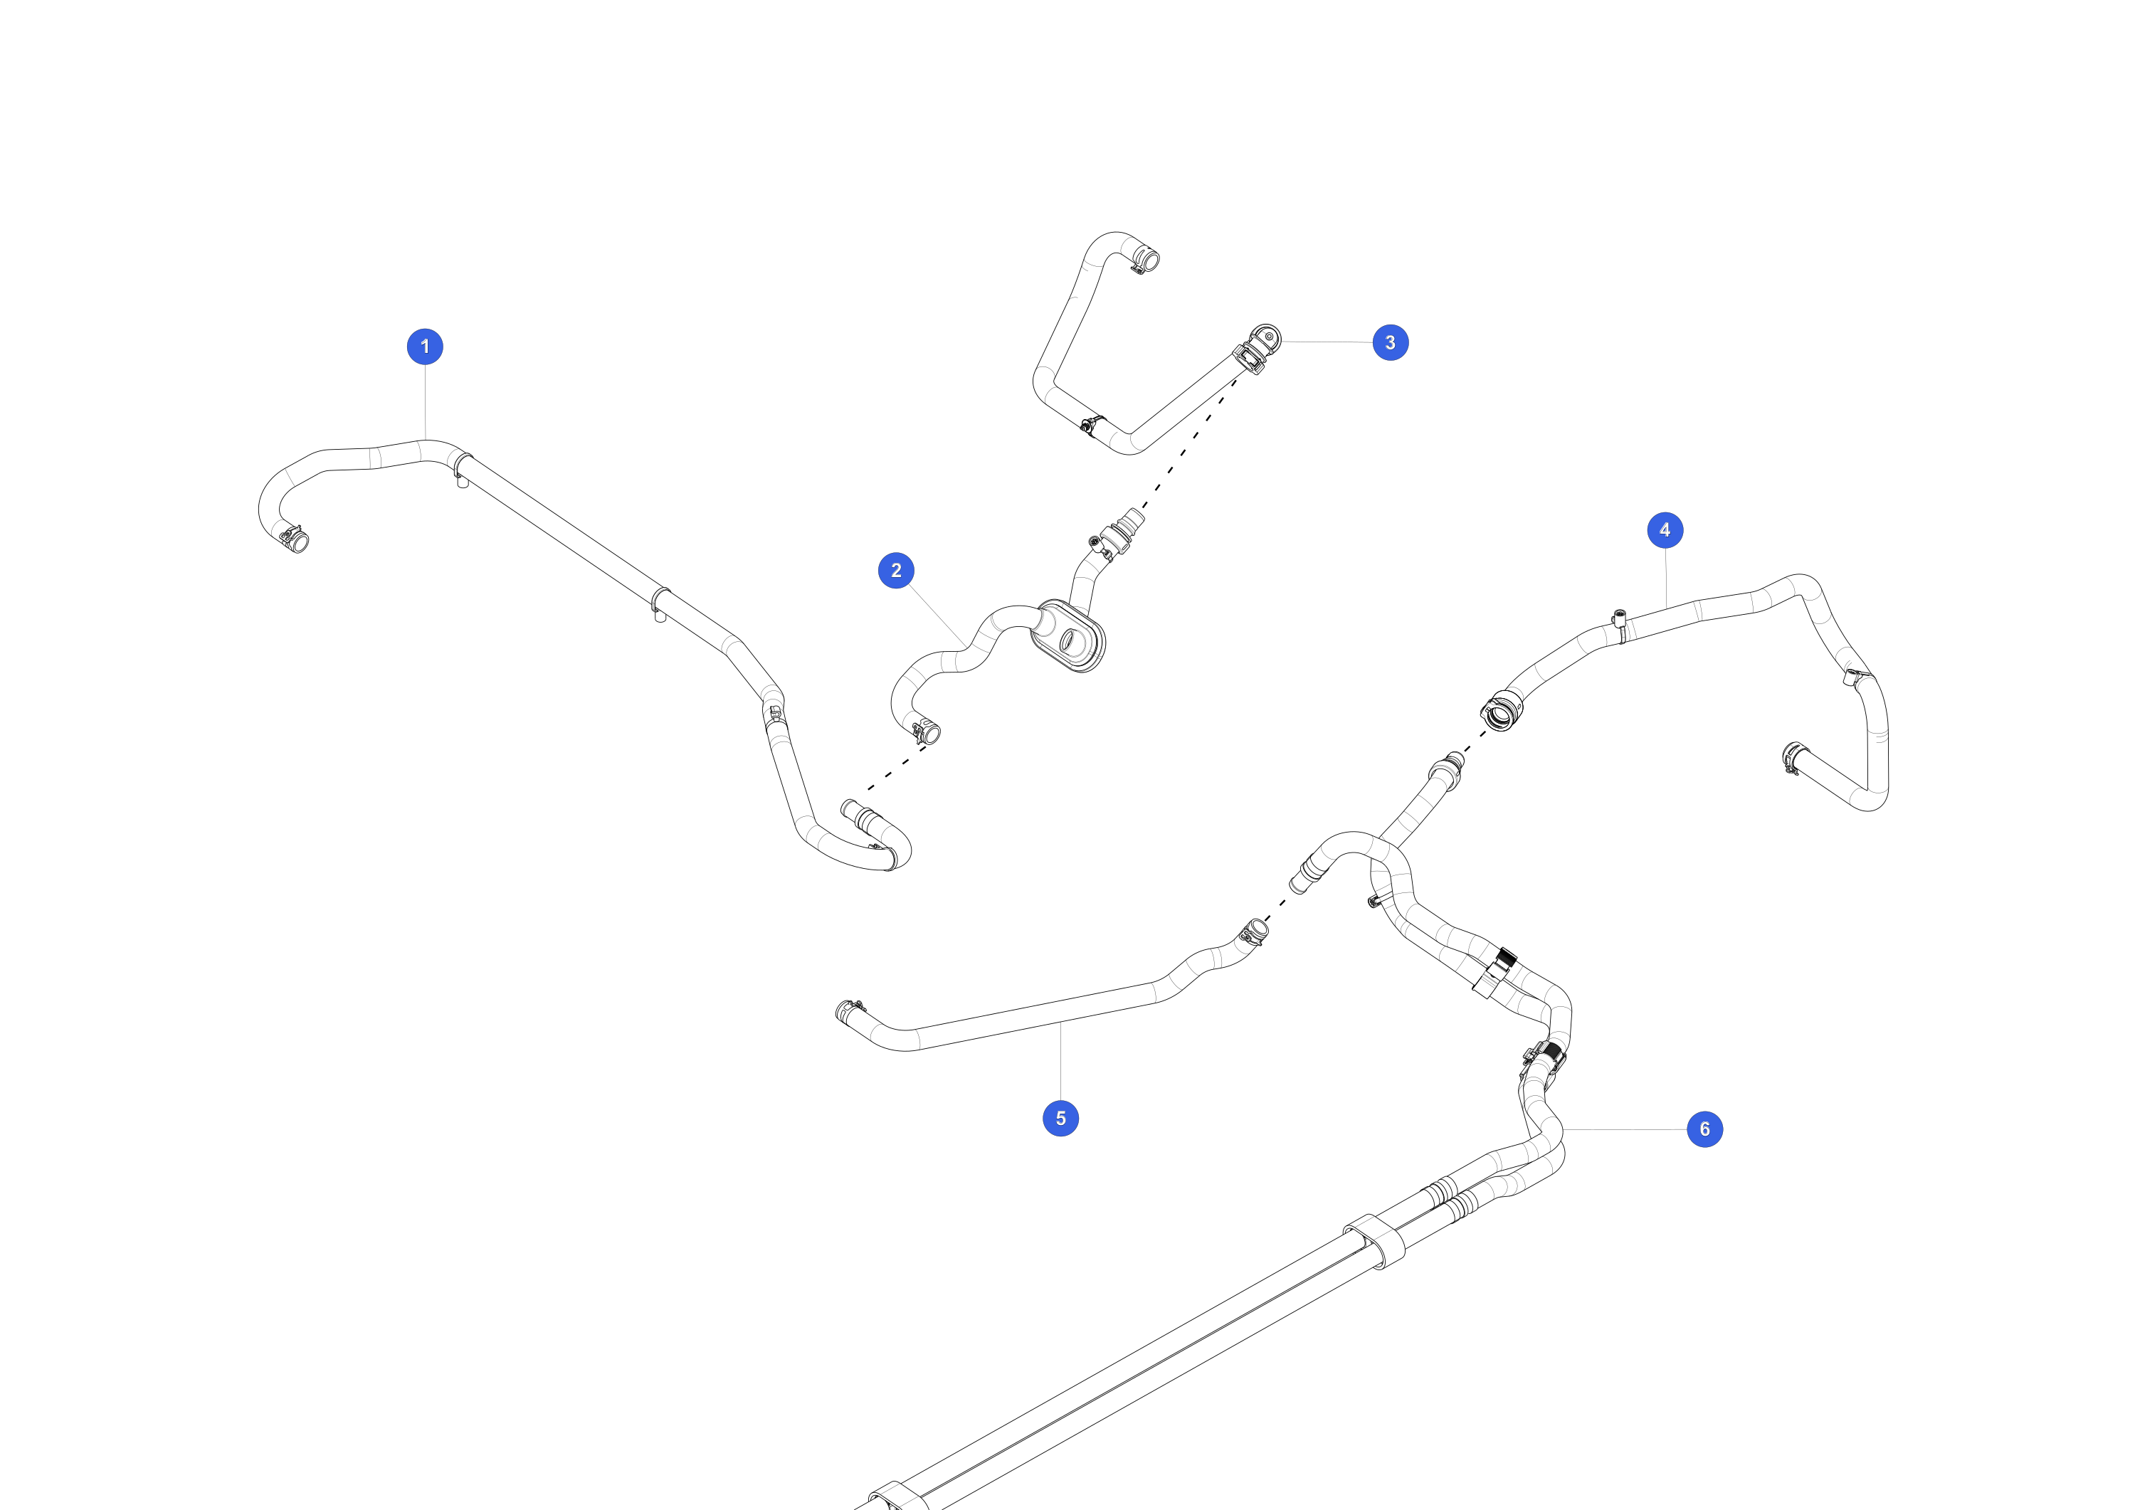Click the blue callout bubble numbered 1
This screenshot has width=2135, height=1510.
coord(425,347)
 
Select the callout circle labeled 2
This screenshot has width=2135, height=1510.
coord(897,571)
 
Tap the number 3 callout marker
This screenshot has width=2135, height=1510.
coord(1390,342)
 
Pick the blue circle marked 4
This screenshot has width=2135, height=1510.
coord(1665,530)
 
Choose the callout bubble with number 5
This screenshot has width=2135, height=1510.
coord(1060,1118)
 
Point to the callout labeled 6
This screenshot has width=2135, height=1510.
coord(1704,1129)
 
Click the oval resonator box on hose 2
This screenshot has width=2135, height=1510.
coord(1068,636)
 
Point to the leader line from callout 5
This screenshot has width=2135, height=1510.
coord(1060,1060)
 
